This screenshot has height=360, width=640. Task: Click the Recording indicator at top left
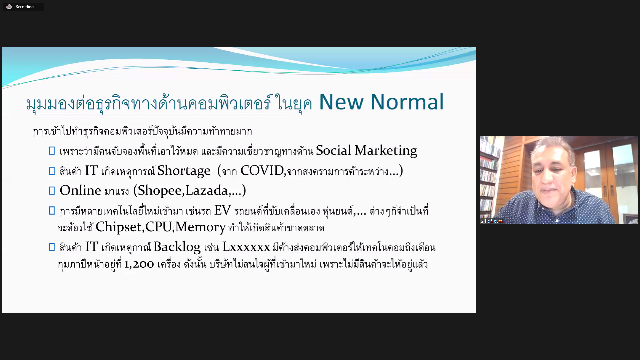coord(23,7)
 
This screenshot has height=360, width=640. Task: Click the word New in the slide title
coord(341,102)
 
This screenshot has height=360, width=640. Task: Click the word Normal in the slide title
coord(407,102)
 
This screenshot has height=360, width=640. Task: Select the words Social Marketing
coord(366,151)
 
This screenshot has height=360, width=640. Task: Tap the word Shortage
coord(184,171)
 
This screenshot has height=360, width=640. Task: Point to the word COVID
coord(262,171)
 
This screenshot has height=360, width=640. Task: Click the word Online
coord(80,190)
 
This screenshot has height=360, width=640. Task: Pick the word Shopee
coord(159,191)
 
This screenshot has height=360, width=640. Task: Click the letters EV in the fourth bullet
coord(222,210)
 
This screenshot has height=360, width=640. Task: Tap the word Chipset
coord(119,227)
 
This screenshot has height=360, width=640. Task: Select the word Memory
coord(201,227)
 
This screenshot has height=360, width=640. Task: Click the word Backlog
coord(177,247)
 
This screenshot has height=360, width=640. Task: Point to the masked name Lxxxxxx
coord(246,247)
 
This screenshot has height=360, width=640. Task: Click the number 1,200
coord(139,264)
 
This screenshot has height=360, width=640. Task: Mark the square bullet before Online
coord(52,191)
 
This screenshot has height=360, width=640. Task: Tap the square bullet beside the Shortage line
coord(52,171)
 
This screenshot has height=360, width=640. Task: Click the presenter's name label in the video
coord(495,221)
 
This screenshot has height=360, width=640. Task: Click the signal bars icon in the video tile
coord(483,221)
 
